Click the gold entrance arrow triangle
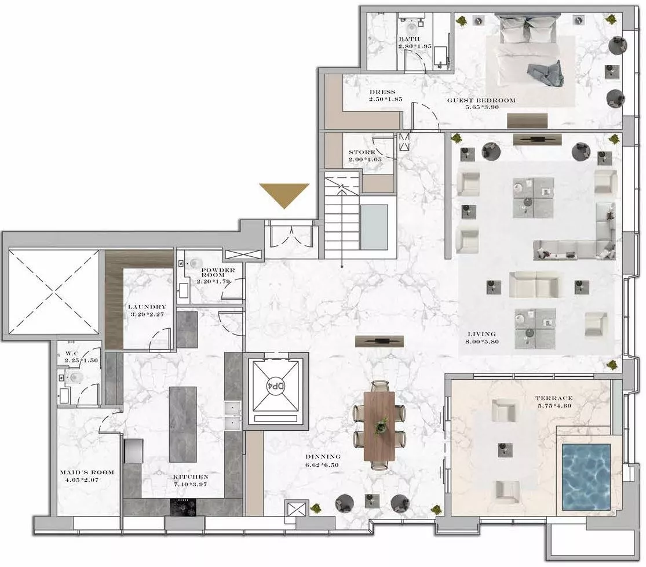coord(284,194)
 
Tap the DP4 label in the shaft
coord(276,386)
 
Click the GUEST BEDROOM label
coord(481,100)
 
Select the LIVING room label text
coord(481,334)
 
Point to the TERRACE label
coord(554,398)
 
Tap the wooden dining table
coord(379,426)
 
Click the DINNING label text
coord(323,456)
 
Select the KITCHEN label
coord(191,477)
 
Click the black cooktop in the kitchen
coord(184,507)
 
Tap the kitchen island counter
coord(183,424)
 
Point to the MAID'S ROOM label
coord(87,472)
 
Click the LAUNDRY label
coord(147,307)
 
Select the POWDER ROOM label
coord(218,272)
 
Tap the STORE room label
coord(362,152)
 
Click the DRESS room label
coord(382,92)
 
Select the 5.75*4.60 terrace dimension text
coord(554,406)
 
